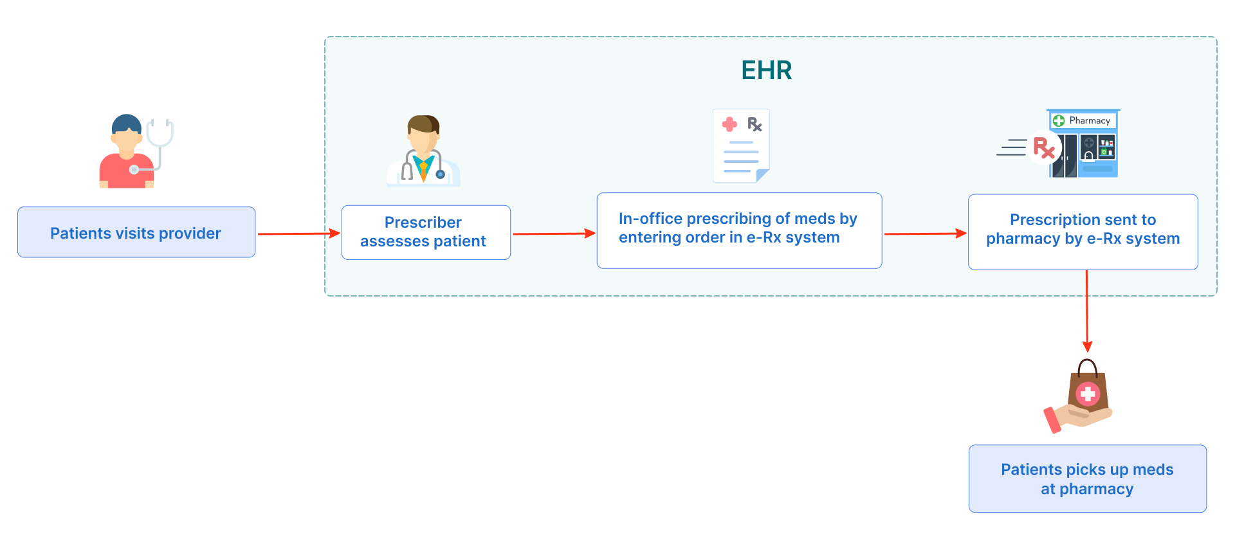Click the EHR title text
(766, 70)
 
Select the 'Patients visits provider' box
(136, 232)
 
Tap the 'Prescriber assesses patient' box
(426, 232)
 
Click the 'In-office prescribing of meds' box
(739, 230)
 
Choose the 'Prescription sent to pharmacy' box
(1083, 232)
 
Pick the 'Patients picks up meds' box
(1087, 479)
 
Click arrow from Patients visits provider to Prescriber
(298, 234)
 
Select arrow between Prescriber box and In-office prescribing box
(553, 234)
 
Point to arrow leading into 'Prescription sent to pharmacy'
(924, 234)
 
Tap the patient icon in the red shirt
(127, 154)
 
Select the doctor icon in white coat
(423, 152)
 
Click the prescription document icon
(741, 146)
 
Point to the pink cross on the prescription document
(729, 124)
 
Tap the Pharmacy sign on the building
(1084, 120)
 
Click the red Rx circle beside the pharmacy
(1043, 148)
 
